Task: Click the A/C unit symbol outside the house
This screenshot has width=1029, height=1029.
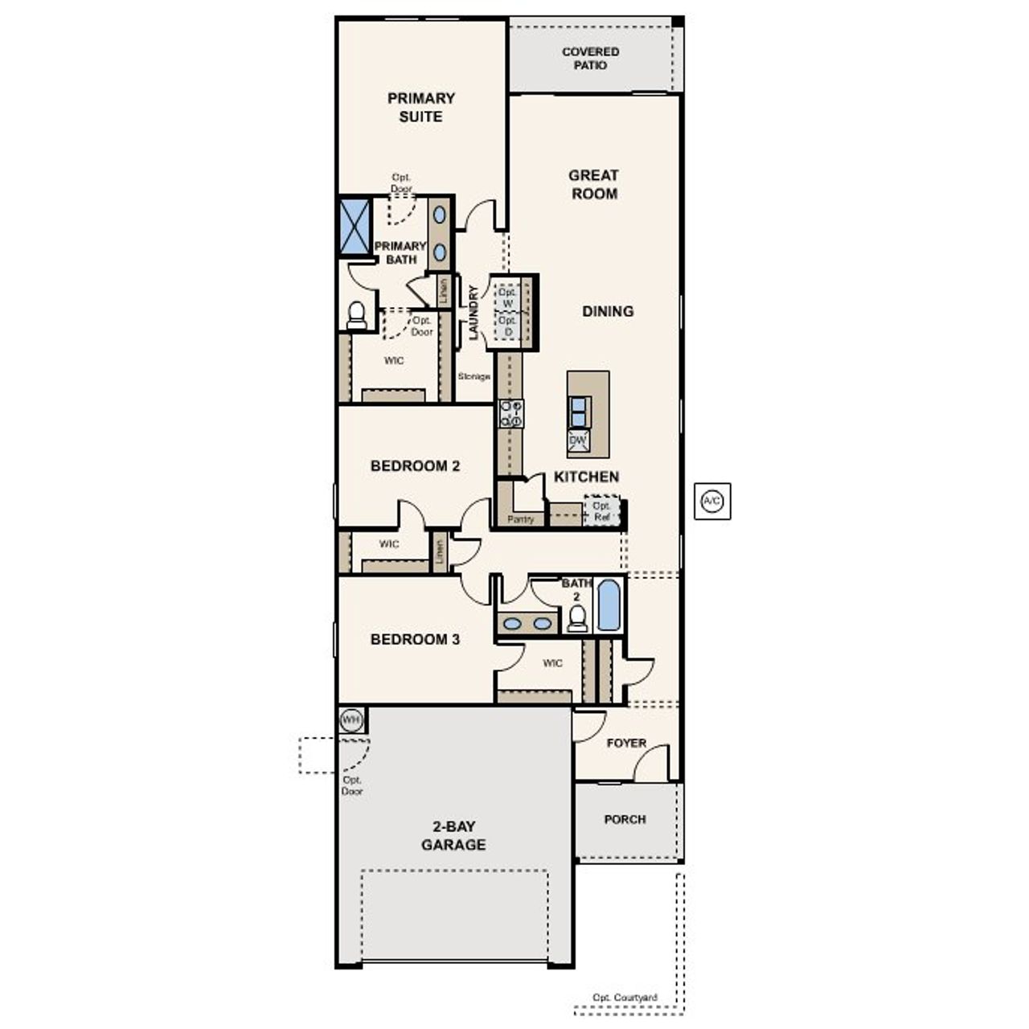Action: (x=712, y=502)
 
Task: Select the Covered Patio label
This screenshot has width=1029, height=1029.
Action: (x=590, y=58)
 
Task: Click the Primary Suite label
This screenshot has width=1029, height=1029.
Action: (x=421, y=107)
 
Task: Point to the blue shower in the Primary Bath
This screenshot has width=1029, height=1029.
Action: (x=355, y=226)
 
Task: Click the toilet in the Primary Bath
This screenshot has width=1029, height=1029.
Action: (x=356, y=314)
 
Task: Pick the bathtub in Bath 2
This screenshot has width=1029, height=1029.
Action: (x=609, y=605)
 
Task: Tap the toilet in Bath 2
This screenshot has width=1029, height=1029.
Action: (x=577, y=617)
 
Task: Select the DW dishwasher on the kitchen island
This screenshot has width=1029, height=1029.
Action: (x=578, y=440)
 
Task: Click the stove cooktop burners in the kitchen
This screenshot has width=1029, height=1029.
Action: (x=510, y=413)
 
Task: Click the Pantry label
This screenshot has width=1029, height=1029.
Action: (x=520, y=519)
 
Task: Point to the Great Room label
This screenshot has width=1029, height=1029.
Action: (x=594, y=184)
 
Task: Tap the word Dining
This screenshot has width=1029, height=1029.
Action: (x=608, y=311)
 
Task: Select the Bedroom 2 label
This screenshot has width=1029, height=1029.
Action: (x=415, y=466)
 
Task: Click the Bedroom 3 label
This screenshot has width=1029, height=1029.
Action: (x=415, y=640)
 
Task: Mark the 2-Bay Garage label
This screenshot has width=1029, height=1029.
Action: (x=453, y=835)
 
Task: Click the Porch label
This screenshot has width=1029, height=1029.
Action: (x=625, y=819)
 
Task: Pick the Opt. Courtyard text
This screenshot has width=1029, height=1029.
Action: (x=625, y=998)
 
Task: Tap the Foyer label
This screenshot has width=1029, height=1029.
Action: (x=625, y=743)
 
